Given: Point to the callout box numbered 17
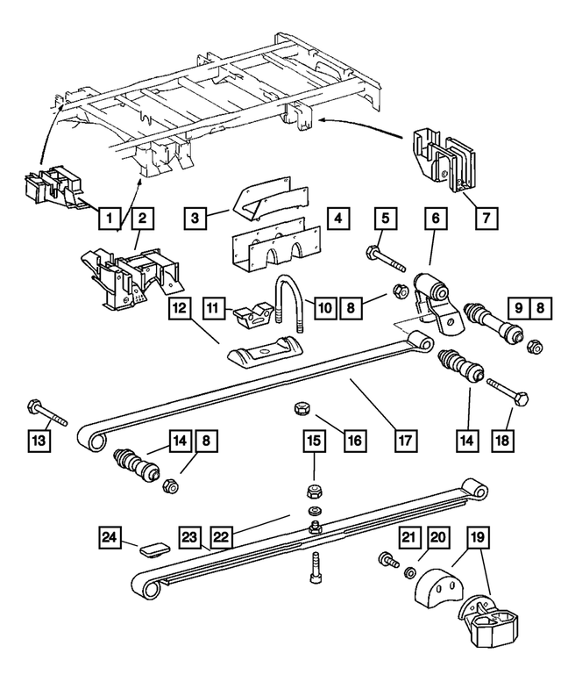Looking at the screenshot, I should [x=406, y=436].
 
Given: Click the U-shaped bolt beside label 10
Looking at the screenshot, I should [x=288, y=300].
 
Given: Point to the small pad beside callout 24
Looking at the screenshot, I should [x=153, y=549].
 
